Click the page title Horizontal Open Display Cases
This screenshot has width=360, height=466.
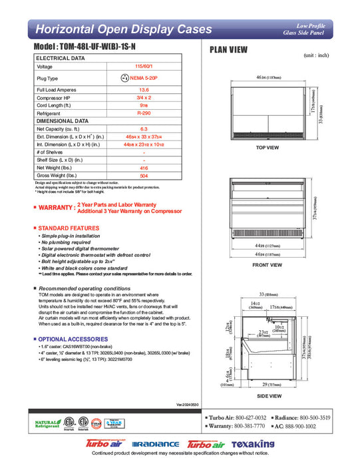(123, 29)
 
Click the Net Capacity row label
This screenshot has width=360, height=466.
(59, 129)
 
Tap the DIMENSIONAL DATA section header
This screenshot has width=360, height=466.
(63, 121)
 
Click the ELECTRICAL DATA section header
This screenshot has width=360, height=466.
(61, 59)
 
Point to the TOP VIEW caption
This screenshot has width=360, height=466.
(267, 147)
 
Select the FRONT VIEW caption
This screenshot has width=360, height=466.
(267, 265)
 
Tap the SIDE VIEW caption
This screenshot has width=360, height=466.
(267, 394)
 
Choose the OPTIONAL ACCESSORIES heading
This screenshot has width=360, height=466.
(72, 339)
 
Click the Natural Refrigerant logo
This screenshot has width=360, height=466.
(46, 422)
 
